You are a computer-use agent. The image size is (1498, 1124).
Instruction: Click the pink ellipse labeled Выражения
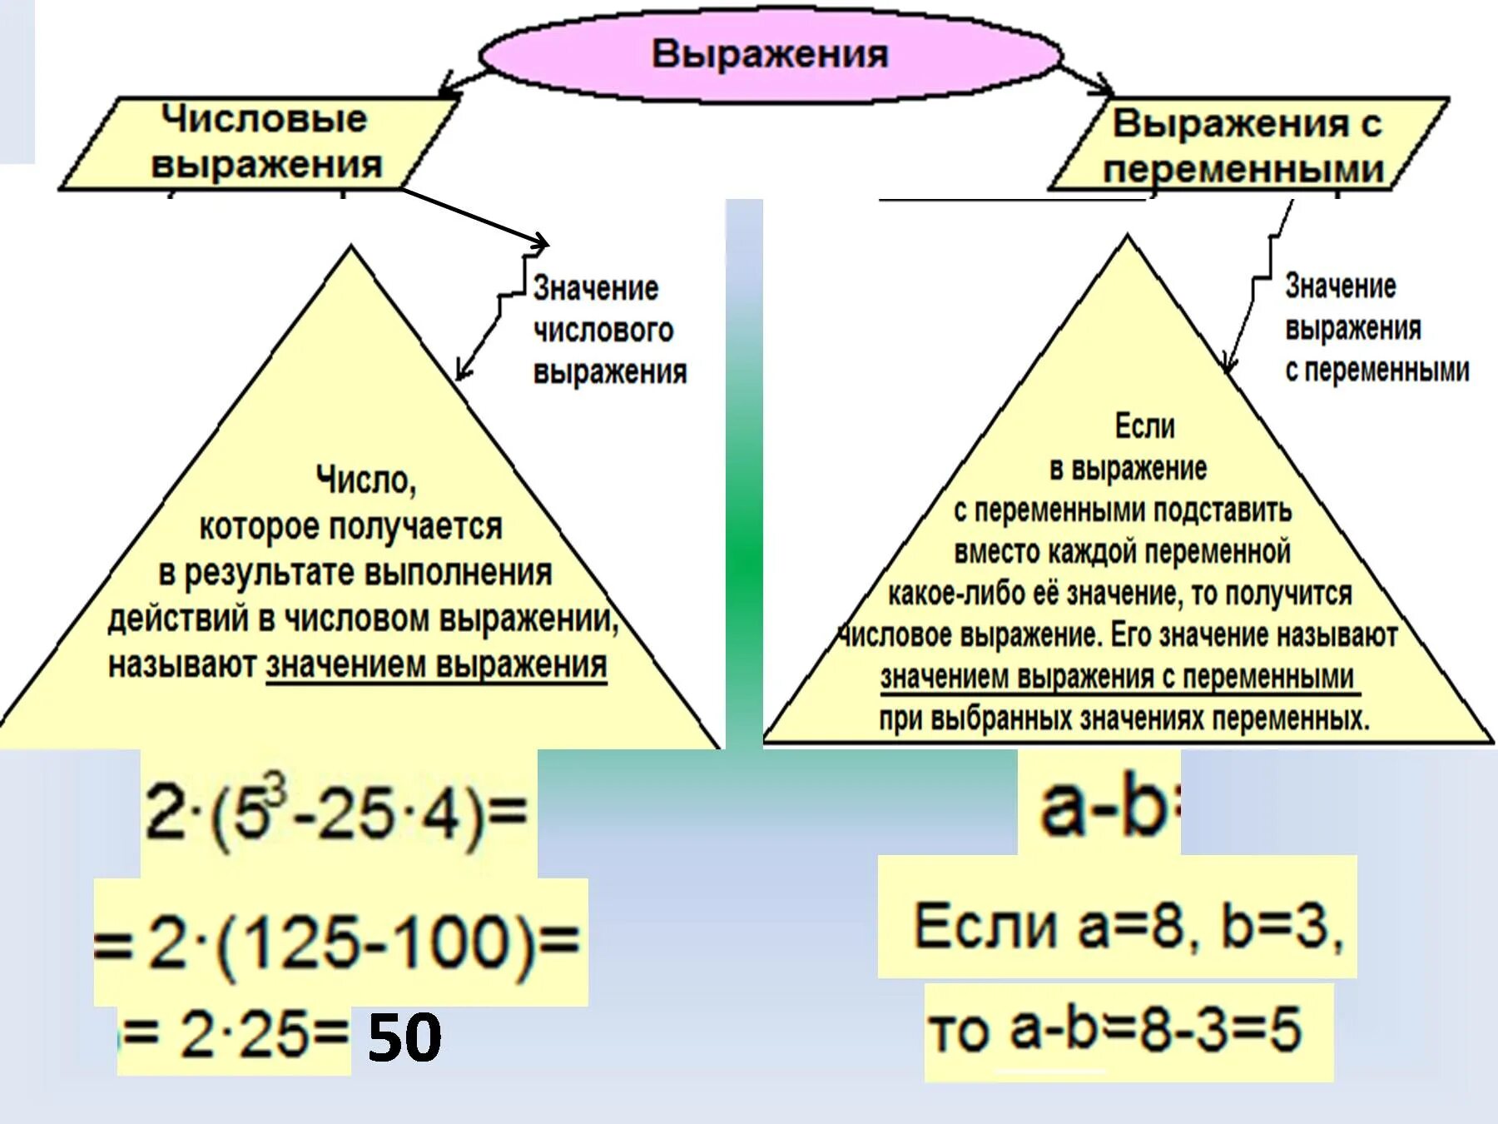click(x=770, y=55)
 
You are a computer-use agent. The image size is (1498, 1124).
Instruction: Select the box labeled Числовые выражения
click(x=263, y=142)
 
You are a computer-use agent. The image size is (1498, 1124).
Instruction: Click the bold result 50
click(x=404, y=1037)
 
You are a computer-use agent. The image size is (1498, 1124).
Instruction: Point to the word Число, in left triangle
click(x=365, y=480)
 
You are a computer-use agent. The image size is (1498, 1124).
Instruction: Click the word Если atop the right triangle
click(x=1144, y=426)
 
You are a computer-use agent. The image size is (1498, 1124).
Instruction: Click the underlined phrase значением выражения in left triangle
click(x=436, y=665)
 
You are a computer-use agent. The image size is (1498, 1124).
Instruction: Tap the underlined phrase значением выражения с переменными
click(x=1117, y=677)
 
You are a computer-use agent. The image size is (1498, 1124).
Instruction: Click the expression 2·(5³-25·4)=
click(x=336, y=812)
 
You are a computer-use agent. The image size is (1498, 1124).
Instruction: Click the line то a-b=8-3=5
click(x=1115, y=1029)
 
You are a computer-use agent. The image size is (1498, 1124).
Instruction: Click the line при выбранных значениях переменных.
click(x=1123, y=719)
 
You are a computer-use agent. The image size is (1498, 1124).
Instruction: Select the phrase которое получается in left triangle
click(x=350, y=526)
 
